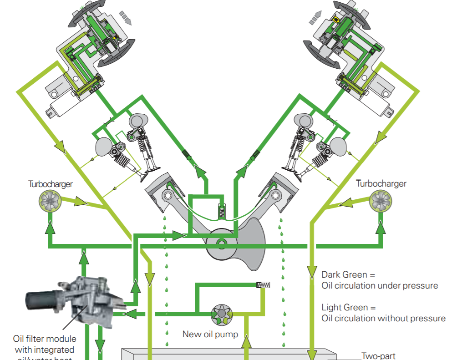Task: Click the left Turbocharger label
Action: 51,184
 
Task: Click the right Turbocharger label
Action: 381,184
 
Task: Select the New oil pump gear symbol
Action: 222,314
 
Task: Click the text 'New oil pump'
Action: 210,335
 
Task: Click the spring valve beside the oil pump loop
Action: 264,285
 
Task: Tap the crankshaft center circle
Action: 222,243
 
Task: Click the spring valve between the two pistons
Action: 222,211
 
